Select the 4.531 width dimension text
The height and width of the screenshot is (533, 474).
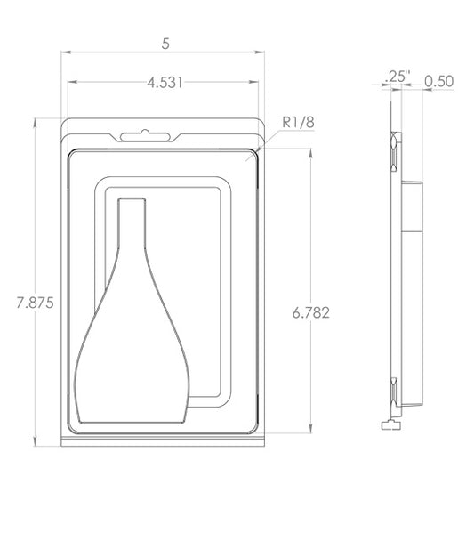165,83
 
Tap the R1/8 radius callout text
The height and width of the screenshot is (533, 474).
298,122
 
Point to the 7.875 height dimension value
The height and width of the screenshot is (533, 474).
36,303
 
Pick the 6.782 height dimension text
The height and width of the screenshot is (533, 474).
310,312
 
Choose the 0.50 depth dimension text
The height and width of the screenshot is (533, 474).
439,81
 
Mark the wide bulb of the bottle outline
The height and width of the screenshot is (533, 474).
132,365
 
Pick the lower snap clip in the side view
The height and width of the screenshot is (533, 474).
394,390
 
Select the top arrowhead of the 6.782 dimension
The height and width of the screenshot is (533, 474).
310,152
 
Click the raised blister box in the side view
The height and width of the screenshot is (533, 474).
413,294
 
